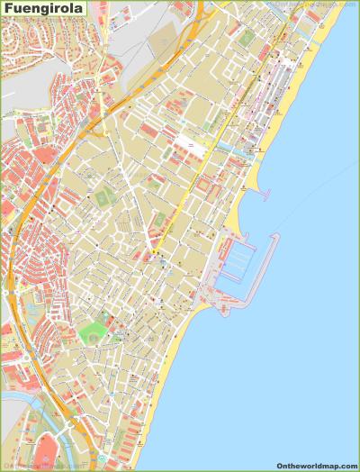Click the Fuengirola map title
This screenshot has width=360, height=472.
pyautogui.click(x=44, y=12)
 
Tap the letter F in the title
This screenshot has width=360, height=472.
pyautogui.click(x=7, y=12)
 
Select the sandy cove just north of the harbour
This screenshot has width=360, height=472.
pyautogui.click(x=236, y=216)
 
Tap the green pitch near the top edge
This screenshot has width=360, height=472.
pyautogui.click(x=247, y=38)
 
